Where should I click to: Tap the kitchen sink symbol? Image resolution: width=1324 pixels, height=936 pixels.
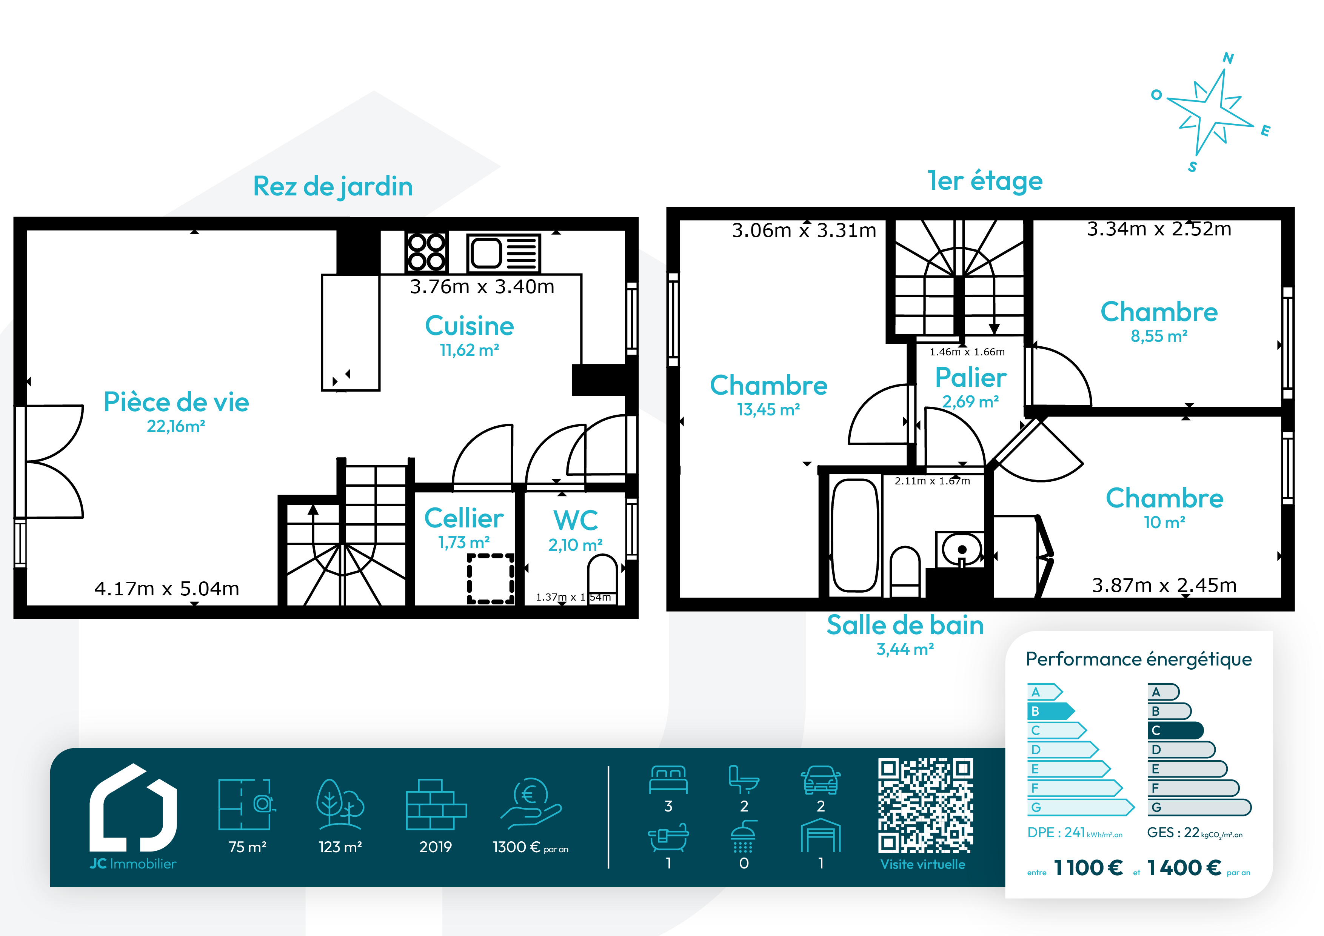click(x=503, y=253)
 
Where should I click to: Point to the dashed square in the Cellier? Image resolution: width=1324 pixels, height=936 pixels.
click(x=491, y=579)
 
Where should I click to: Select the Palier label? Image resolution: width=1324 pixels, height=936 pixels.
click(x=971, y=378)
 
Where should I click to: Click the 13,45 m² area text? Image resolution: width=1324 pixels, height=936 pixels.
click(x=769, y=410)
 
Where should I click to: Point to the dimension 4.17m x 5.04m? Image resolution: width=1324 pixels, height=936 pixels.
click(x=167, y=589)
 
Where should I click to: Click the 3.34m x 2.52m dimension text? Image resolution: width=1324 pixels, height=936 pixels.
click(x=1159, y=229)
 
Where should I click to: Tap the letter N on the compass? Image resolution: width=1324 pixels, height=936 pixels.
click(x=1228, y=58)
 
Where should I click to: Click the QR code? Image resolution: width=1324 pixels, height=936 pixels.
click(x=925, y=805)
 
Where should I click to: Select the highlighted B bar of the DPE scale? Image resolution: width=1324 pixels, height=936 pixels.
click(x=1051, y=711)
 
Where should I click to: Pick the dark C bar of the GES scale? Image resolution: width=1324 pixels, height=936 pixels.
click(x=1175, y=730)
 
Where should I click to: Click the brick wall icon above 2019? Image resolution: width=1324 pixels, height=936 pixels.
click(x=436, y=805)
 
